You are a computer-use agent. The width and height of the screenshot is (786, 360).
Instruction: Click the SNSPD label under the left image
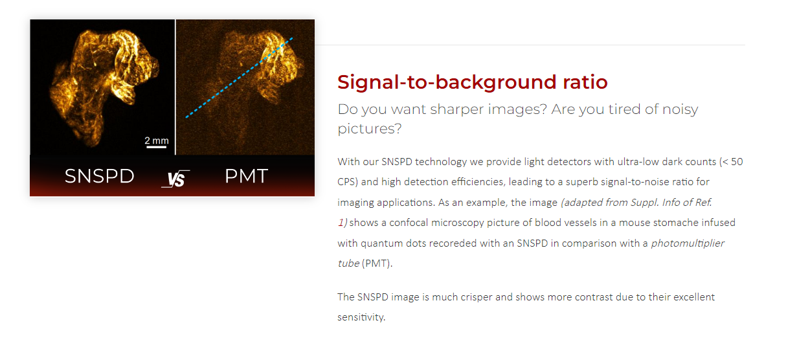point(99,175)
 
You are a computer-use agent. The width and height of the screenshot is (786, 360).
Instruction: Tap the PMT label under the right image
point(246,175)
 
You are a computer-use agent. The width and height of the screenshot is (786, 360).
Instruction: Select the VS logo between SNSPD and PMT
point(175,179)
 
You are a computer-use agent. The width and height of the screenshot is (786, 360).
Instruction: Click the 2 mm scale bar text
point(157,141)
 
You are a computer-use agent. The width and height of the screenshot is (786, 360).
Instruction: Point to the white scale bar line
point(157,147)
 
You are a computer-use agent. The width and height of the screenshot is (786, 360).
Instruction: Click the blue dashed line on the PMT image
point(239,78)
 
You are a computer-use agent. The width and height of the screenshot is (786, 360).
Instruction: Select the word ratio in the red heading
point(585,82)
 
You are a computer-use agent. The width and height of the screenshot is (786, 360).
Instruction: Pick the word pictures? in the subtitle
point(370,129)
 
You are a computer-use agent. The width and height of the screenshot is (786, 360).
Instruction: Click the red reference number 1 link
point(341,223)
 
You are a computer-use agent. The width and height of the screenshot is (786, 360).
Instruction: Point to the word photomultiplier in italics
point(688,243)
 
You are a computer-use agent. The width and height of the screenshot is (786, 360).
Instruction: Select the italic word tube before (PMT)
point(348,263)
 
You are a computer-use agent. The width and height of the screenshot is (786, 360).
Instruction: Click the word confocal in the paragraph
point(409,223)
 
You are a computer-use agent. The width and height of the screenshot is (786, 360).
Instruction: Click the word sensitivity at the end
point(361,317)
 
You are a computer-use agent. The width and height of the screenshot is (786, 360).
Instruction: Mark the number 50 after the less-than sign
point(737,162)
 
